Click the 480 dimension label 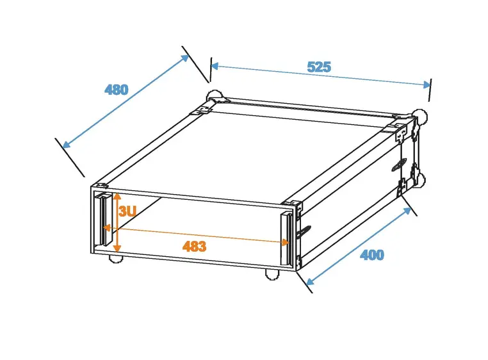[x=117, y=90]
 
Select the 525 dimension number [x=319, y=67]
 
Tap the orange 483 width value [x=194, y=246]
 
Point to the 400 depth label [x=372, y=255]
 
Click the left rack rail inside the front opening [x=102, y=220]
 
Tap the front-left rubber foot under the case [x=116, y=259]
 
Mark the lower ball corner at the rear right [x=419, y=179]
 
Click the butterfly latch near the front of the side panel [x=305, y=231]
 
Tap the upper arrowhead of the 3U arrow [x=117, y=195]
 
